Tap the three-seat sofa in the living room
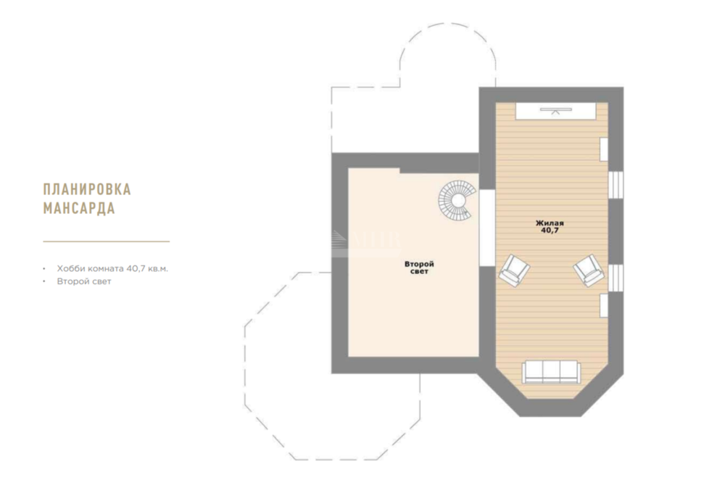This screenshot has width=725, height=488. pyautogui.click(x=551, y=372)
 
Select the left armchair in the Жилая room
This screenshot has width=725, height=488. pyautogui.click(x=514, y=270)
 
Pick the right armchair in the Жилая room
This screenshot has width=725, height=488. pyautogui.click(x=589, y=270)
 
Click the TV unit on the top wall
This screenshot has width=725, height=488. pyautogui.click(x=555, y=111)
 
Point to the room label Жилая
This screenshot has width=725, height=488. pyautogui.click(x=550, y=223)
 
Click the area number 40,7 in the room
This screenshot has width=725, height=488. pyautogui.click(x=550, y=230)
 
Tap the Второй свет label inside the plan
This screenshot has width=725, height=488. pyautogui.click(x=419, y=268)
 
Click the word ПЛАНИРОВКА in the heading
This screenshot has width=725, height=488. pyautogui.click(x=87, y=190)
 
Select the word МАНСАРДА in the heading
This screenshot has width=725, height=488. pyautogui.click(x=79, y=208)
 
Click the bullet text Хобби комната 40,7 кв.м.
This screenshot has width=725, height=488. pyautogui.click(x=112, y=268)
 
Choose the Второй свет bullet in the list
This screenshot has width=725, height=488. pyautogui.click(x=84, y=281)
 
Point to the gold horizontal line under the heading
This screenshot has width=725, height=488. pyautogui.click(x=107, y=241)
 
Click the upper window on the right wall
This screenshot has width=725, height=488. pyautogui.click(x=616, y=185)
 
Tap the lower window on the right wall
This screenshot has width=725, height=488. pyautogui.click(x=616, y=278)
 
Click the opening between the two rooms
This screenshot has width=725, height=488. pyautogui.click(x=487, y=228)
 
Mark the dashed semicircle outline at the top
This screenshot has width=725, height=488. pyautogui.click(x=447, y=25)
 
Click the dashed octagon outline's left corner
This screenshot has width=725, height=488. pyautogui.click(x=244, y=326)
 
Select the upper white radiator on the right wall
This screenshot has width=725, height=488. pyautogui.click(x=604, y=149)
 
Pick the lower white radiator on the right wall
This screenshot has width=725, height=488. pyautogui.click(x=604, y=305)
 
